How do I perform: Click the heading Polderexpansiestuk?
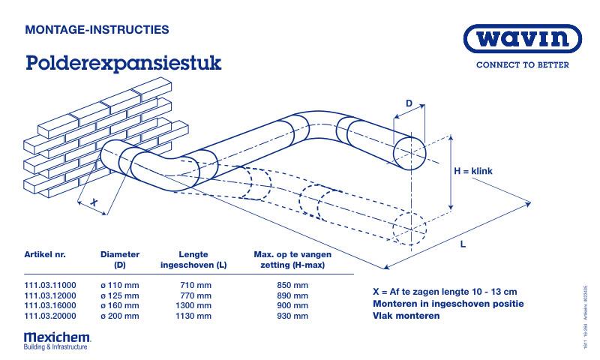point(123,63)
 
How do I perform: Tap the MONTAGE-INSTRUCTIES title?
point(97,30)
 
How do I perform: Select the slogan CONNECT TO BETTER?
point(523,65)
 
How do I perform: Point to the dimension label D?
point(409,103)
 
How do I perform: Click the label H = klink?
point(472,172)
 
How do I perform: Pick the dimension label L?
point(463,245)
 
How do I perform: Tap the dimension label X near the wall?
point(94,202)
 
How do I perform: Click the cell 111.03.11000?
point(50,286)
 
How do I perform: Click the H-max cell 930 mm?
point(292,316)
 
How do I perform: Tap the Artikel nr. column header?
point(45,254)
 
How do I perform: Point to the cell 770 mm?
point(196,296)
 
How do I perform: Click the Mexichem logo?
point(56,340)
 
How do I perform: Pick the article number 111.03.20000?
point(50,316)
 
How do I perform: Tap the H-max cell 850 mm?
point(292,286)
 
